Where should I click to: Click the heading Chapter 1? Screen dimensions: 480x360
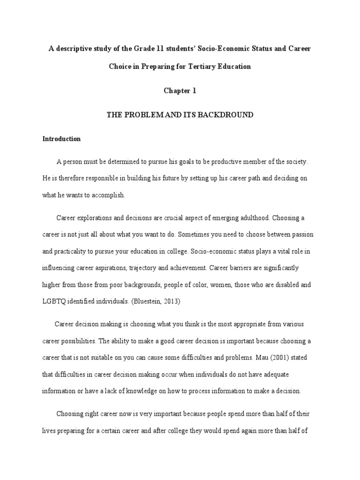coord(180,91)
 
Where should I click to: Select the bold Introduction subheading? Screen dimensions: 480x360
coord(61,139)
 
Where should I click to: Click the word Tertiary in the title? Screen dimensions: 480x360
coord(202,67)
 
